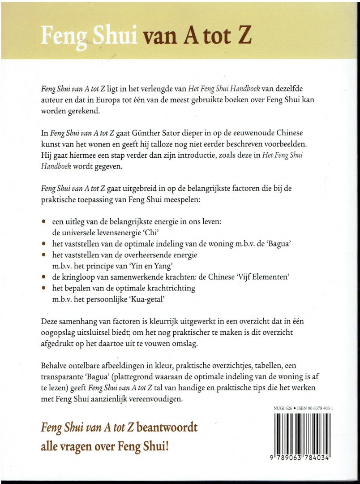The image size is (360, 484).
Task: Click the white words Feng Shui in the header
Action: click(89, 35)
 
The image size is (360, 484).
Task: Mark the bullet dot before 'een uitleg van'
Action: click(43, 222)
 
